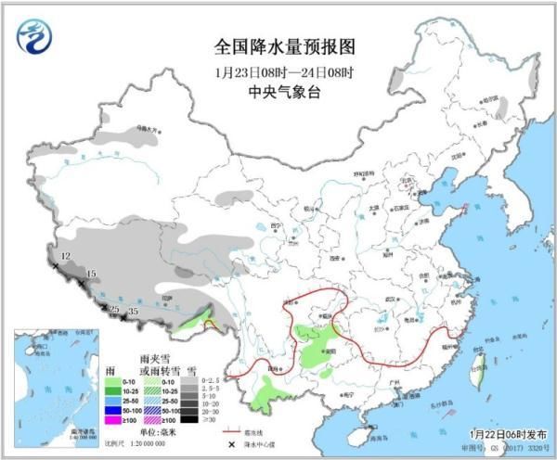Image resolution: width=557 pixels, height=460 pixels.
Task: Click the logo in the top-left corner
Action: (33, 38)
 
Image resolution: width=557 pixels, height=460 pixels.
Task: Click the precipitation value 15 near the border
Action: (90, 274)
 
